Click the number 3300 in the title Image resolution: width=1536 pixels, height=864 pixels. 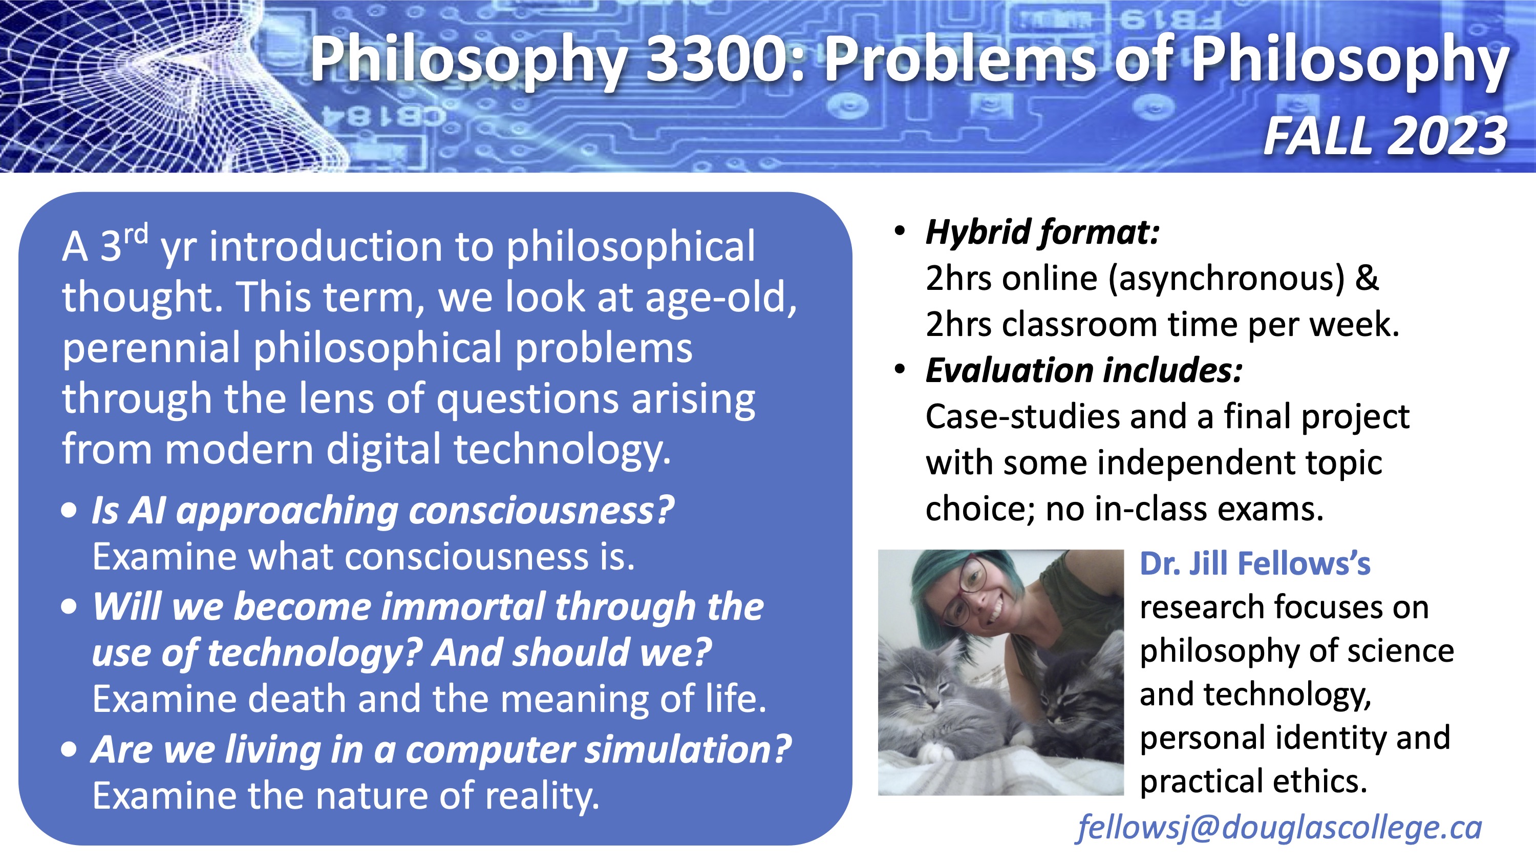[721, 59]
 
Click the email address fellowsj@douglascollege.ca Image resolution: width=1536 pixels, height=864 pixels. [1279, 828]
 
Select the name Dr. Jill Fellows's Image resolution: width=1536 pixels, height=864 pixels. [1255, 563]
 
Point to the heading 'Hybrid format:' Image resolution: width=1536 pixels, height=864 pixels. [1042, 233]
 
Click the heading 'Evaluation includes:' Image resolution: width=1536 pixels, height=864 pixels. [1084, 370]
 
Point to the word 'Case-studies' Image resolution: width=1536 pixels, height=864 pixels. [1022, 416]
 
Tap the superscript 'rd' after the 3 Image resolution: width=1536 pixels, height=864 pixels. [137, 233]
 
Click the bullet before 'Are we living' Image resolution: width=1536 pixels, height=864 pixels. [69, 749]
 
